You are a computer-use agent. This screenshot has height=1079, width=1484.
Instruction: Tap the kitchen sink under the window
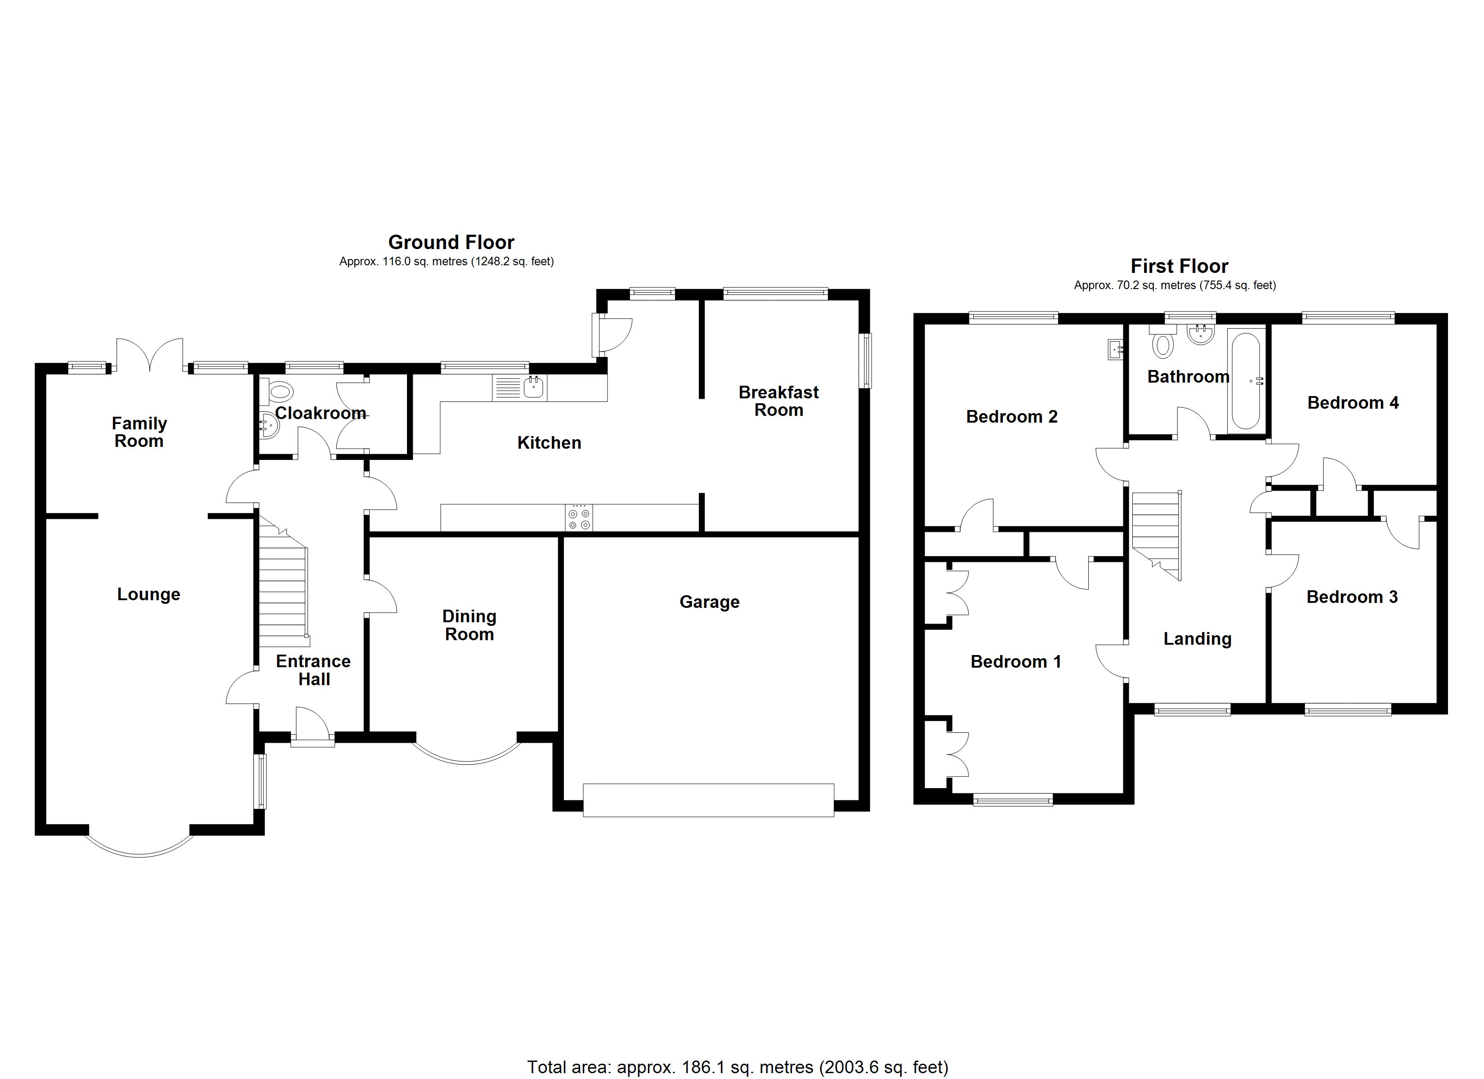pyautogui.click(x=534, y=388)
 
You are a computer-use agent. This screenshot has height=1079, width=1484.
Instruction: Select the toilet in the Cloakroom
pyautogui.click(x=279, y=392)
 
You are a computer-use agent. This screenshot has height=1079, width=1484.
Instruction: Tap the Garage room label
pyautogui.click(x=709, y=602)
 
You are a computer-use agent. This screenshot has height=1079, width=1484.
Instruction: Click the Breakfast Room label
pyautogui.click(x=778, y=401)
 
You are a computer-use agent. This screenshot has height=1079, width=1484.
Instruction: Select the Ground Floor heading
pyautogui.click(x=451, y=243)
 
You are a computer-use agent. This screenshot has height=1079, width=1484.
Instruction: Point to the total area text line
pyautogui.click(x=738, y=1067)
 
